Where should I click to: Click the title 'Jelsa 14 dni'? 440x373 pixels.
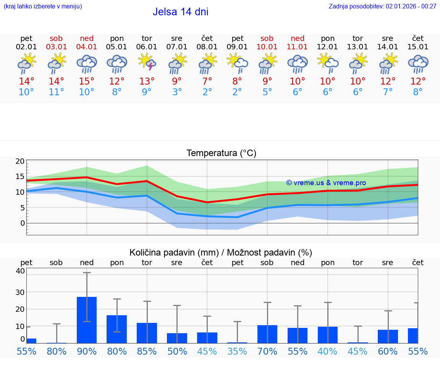[x=180, y=12]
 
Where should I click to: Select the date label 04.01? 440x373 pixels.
[x=87, y=47]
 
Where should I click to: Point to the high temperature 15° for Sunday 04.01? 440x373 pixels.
[x=87, y=81]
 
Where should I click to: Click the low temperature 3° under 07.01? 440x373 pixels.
[x=177, y=92]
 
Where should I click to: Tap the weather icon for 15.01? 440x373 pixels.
[x=418, y=64]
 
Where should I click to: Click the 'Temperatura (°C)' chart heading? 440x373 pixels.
[x=221, y=153]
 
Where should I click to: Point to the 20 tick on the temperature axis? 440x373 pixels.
[x=20, y=161]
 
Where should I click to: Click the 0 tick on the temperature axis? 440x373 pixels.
[x=23, y=223]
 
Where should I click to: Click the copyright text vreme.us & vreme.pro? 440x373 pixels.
[x=326, y=183]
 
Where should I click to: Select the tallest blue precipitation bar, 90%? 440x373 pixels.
[x=87, y=320]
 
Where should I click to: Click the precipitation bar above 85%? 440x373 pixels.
[x=147, y=333]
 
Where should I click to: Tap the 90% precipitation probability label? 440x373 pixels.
[x=87, y=351]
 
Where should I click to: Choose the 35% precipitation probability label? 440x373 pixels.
[x=237, y=351]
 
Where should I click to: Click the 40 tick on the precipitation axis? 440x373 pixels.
[x=20, y=271]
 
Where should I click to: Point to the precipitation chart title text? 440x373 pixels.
[x=221, y=252]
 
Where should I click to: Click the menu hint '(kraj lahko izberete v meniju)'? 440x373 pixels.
[x=43, y=6]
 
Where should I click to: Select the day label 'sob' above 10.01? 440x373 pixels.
[x=267, y=38]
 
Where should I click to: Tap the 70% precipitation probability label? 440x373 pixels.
[x=267, y=351]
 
